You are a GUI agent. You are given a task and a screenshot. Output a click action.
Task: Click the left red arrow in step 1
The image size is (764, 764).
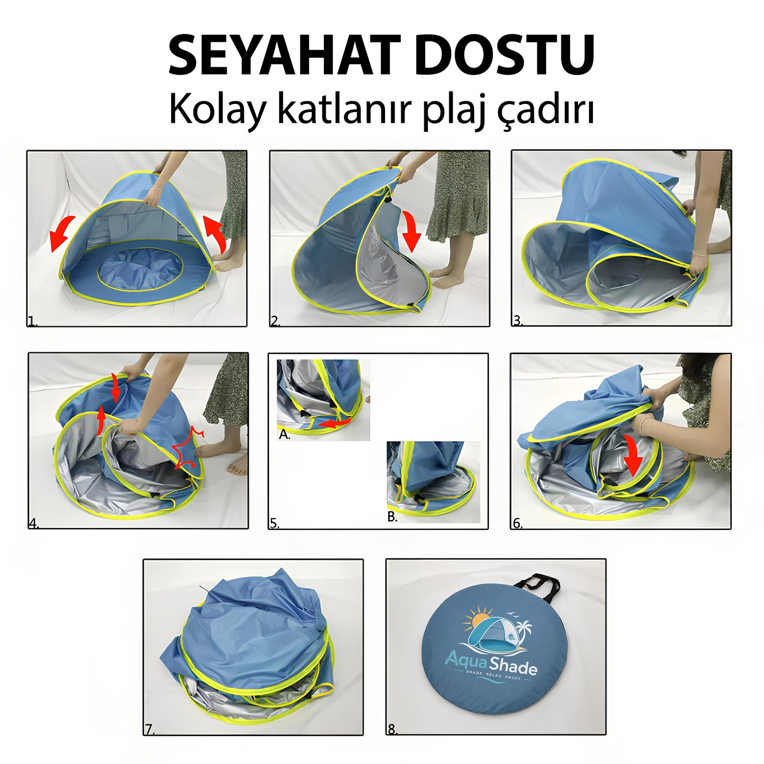62,233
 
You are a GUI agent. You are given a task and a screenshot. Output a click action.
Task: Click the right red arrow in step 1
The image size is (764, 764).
216,232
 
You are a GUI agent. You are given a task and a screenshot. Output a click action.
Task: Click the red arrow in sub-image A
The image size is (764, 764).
334,422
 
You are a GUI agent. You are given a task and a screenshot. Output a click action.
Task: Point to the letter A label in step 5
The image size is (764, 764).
284,435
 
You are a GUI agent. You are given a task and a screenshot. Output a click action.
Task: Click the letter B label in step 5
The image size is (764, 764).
392,517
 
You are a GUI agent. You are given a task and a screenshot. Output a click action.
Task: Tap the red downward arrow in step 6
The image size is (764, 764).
633,453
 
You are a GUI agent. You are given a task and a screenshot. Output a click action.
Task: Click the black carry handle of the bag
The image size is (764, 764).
537,585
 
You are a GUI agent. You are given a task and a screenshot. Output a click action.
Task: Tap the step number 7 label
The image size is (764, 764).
149,729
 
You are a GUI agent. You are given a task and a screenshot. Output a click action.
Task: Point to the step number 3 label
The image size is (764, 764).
517,320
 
